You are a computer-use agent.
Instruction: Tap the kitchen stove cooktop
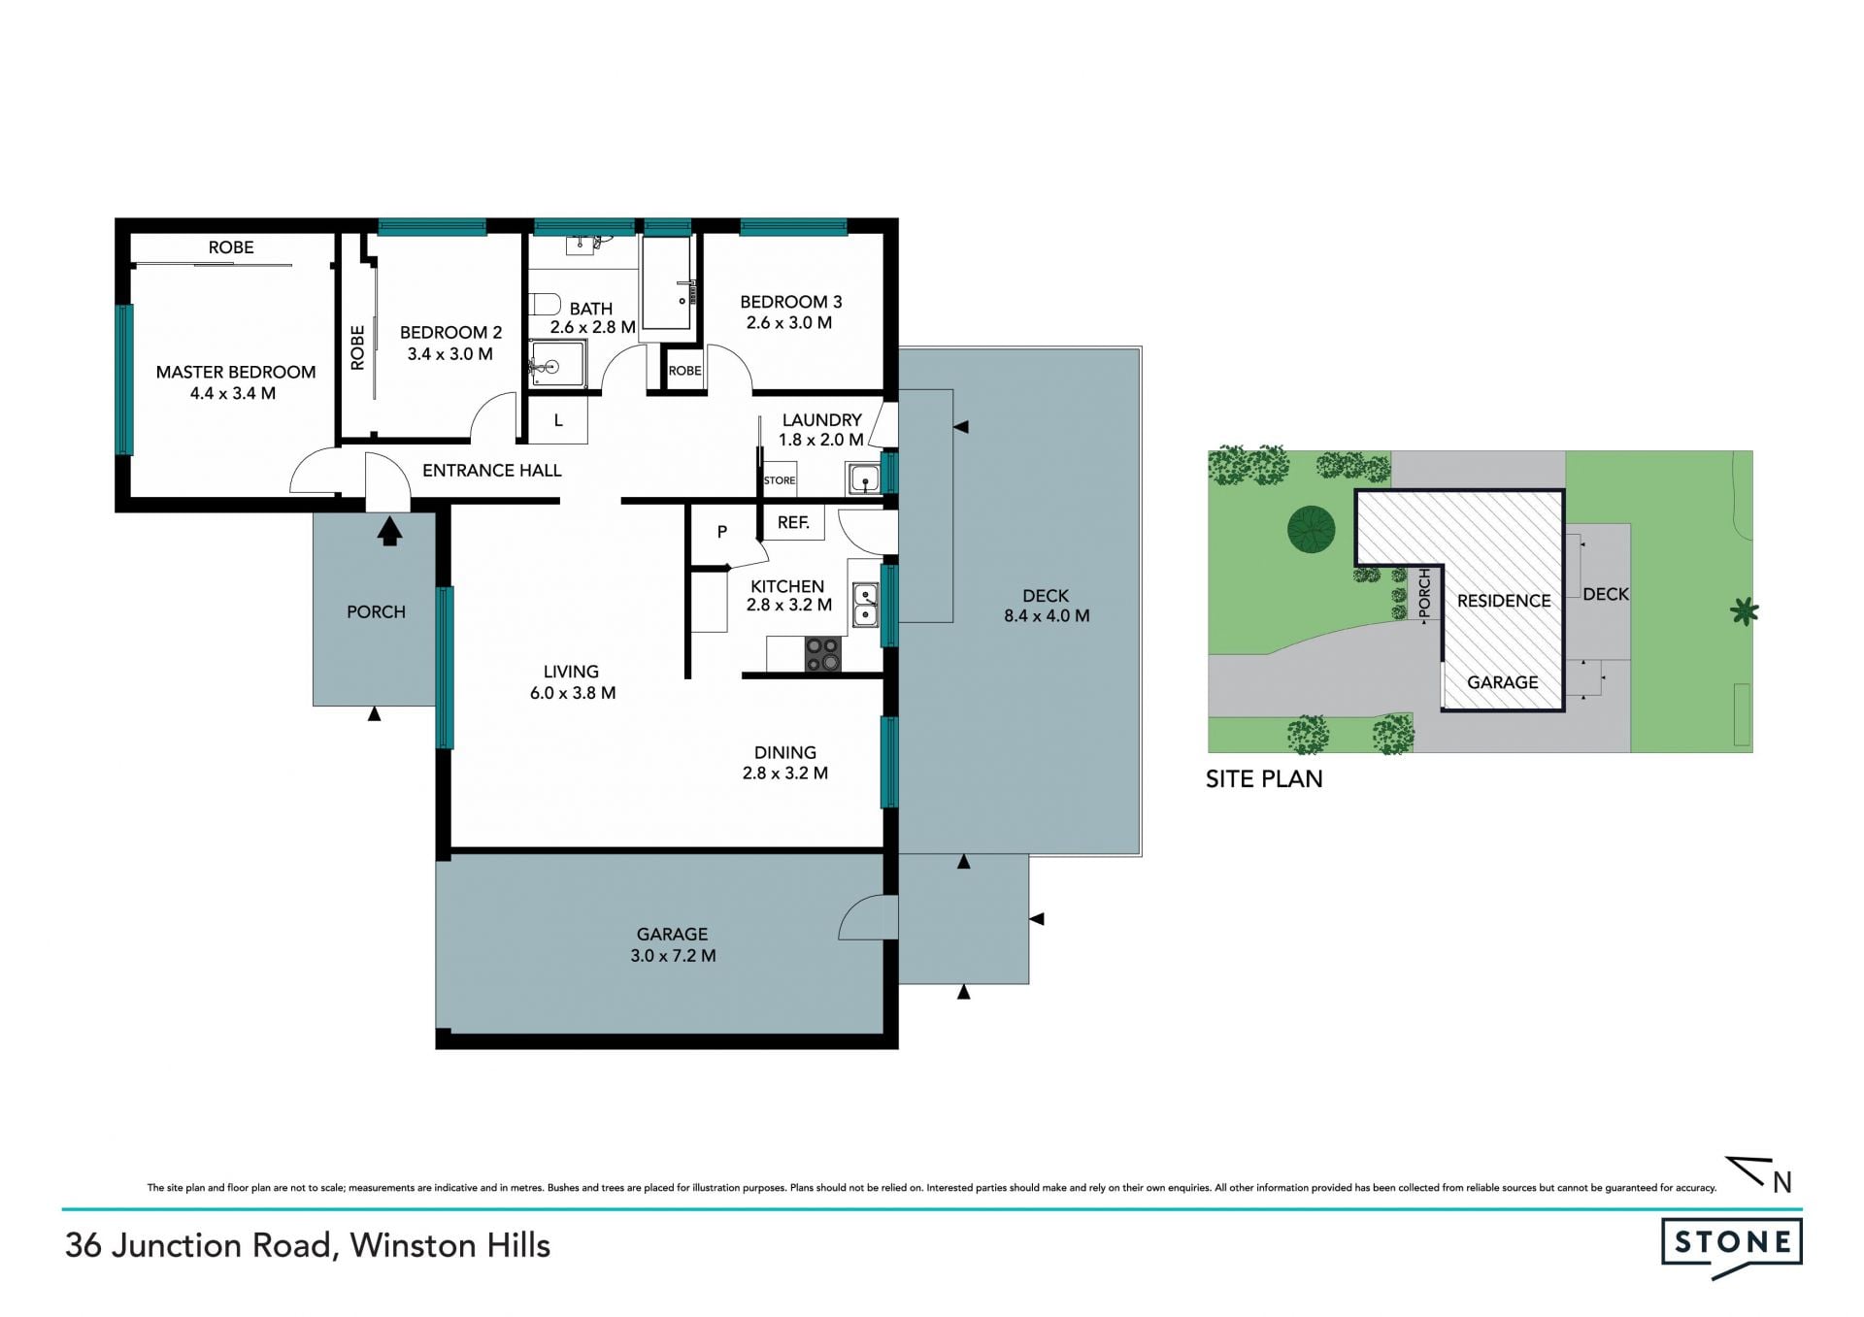click(822, 654)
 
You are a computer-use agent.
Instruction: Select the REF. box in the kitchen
click(793, 522)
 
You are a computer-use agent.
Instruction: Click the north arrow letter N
click(1781, 1182)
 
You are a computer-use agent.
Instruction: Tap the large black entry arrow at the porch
click(389, 531)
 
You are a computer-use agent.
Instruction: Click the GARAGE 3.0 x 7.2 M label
click(673, 944)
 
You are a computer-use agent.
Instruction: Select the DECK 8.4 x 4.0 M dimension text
click(1047, 615)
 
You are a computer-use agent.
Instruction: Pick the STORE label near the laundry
click(780, 480)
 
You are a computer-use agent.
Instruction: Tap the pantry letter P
click(721, 532)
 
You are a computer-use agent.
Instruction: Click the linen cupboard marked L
click(558, 421)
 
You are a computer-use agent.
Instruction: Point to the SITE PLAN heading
click(1264, 778)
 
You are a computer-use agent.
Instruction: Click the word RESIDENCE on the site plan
click(1504, 601)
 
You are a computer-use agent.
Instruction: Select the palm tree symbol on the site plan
click(1745, 611)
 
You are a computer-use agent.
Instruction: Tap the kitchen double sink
click(864, 605)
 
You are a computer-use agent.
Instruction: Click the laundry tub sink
click(863, 479)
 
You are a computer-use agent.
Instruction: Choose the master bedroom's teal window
click(123, 379)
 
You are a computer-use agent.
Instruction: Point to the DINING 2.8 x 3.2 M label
click(785, 763)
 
